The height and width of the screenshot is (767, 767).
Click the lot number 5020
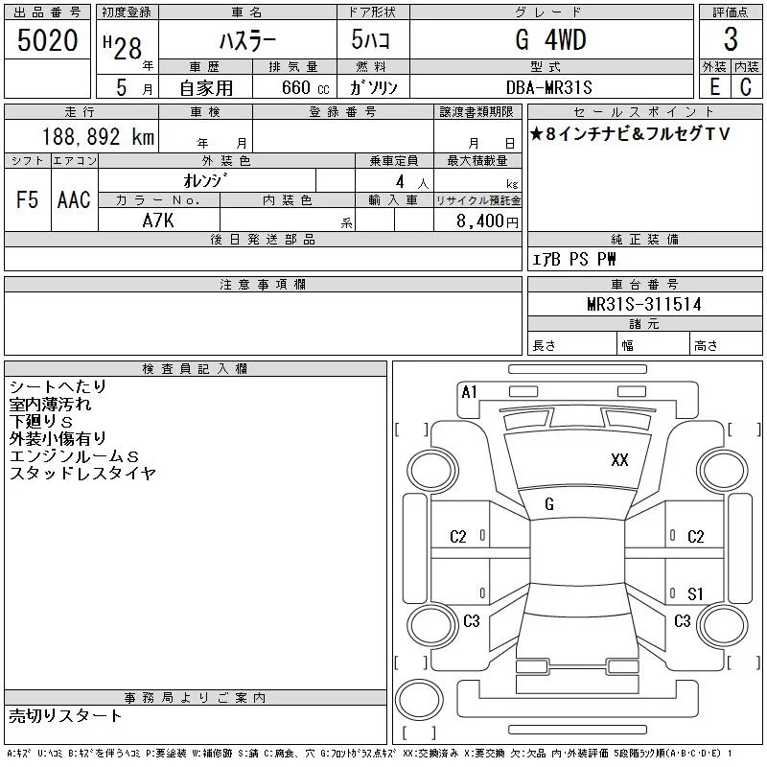click(47, 40)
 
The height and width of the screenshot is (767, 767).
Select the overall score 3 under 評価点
click(731, 39)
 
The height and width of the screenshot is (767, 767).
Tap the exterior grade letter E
click(714, 87)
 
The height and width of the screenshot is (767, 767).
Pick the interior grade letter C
click(746, 87)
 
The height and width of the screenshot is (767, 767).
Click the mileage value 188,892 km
click(99, 137)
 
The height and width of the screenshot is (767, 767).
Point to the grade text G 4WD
click(550, 39)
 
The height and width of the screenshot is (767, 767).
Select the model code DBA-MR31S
click(548, 87)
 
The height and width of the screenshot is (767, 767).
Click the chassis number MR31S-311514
click(643, 304)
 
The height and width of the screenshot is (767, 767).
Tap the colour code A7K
click(158, 221)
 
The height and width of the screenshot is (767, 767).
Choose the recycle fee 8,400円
click(487, 221)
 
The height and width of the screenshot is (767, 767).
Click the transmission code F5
click(27, 199)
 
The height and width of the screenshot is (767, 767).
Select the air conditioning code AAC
click(74, 199)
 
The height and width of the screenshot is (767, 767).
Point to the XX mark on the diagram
click(619, 460)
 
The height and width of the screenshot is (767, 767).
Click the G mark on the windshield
click(549, 504)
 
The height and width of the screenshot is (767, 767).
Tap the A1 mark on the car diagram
click(469, 392)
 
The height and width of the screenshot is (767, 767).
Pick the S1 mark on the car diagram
click(695, 593)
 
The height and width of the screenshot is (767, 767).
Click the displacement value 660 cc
click(305, 87)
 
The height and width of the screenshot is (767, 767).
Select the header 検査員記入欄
click(195, 369)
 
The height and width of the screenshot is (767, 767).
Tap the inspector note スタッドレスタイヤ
click(82, 473)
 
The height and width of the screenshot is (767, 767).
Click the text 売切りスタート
click(65, 715)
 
